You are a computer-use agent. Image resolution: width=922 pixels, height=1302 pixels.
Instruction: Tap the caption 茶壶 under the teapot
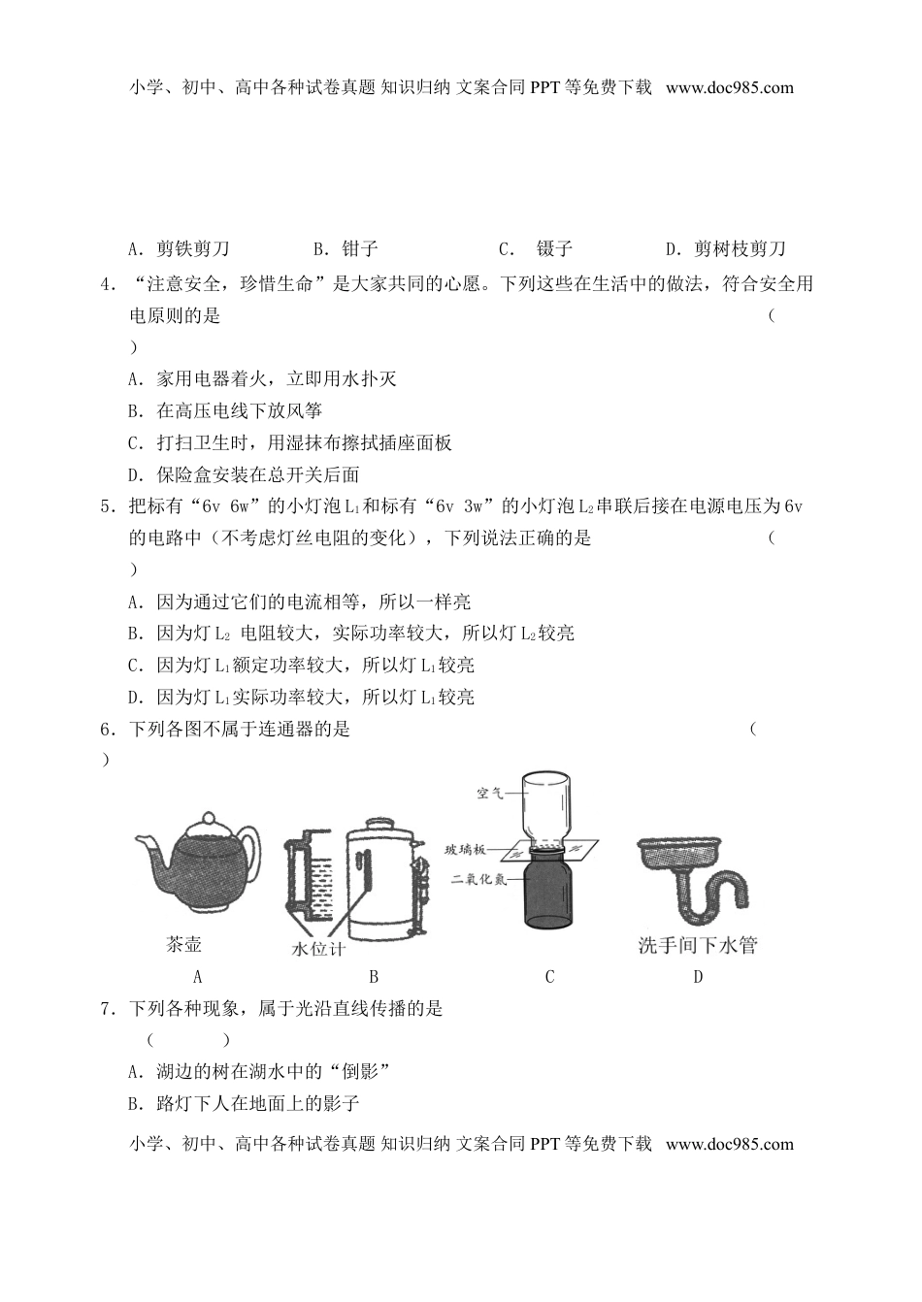(x=184, y=944)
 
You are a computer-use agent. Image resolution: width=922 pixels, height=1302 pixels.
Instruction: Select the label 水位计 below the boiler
(x=318, y=949)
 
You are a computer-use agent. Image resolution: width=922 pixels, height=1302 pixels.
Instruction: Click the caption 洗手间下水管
(x=697, y=945)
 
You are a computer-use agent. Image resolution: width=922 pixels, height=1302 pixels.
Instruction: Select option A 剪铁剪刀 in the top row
(x=180, y=249)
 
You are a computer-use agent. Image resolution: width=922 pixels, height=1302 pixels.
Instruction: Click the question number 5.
(x=107, y=506)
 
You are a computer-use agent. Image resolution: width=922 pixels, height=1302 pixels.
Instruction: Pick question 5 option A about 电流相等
(x=300, y=602)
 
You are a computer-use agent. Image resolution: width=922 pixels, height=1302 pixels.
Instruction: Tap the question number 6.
(x=107, y=730)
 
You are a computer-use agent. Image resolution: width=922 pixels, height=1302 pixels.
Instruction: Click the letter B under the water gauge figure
(x=373, y=977)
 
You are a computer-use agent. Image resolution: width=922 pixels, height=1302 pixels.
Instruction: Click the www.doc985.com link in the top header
(x=730, y=87)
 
